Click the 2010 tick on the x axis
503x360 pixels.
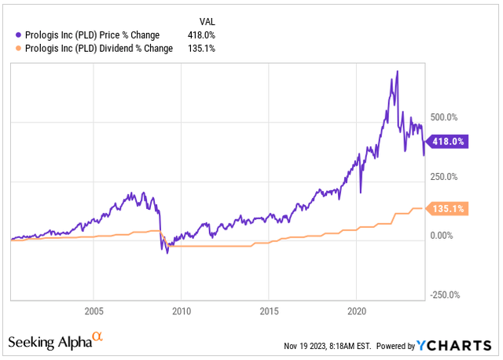182,310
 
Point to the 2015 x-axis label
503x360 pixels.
269,310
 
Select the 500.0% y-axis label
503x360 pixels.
442,117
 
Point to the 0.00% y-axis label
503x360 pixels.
439,236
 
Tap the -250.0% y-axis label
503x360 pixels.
443,296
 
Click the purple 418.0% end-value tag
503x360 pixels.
446,141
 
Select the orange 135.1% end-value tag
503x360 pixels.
446,208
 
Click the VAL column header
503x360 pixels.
203,20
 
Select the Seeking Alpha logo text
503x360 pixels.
49,343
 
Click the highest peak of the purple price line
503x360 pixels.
397,72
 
